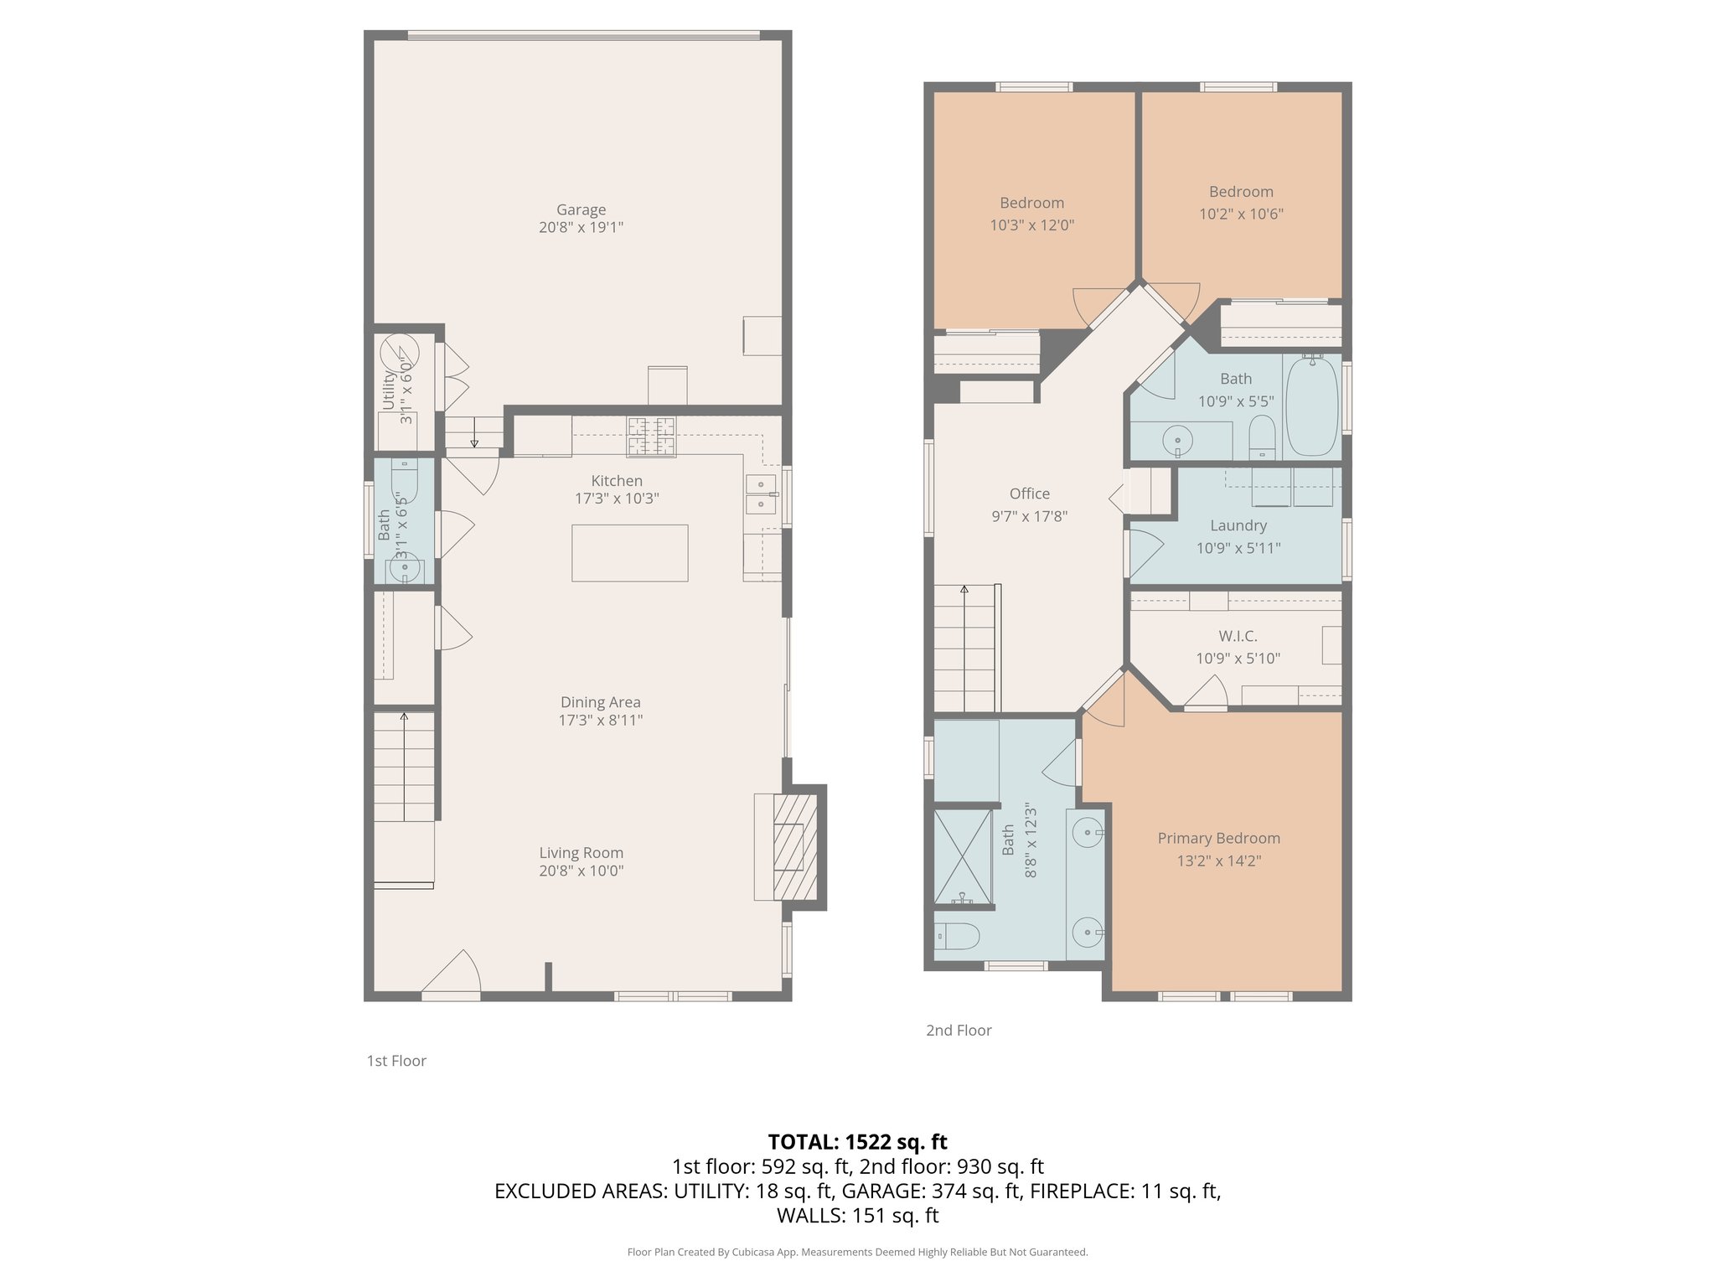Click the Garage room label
coord(581,209)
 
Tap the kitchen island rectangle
coord(629,553)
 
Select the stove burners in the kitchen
coord(651,437)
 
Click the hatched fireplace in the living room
coord(793,847)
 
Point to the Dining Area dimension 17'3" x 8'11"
coord(600,720)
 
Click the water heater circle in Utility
coord(399,351)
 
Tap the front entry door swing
coord(452,974)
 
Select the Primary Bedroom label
coord(1218,838)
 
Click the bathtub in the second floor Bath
coord(1311,406)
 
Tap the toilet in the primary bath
coord(957,936)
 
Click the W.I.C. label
coord(1238,636)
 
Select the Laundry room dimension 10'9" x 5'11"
coord(1238,548)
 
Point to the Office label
coord(1029,494)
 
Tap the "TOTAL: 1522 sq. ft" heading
coord(857,1141)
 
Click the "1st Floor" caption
coord(396,1061)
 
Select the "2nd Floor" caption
coord(959,1031)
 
